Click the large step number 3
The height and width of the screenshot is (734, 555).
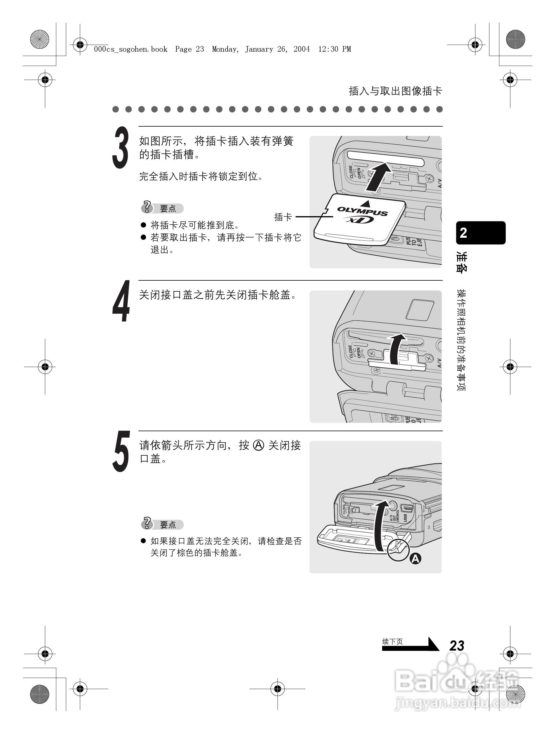click(120, 148)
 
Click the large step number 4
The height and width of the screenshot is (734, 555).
click(121, 301)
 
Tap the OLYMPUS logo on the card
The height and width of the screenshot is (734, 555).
click(362, 211)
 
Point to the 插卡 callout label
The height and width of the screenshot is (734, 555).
click(283, 217)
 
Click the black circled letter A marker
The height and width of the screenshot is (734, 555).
click(415, 559)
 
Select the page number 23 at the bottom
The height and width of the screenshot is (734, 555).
click(456, 646)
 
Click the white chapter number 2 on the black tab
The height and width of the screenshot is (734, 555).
click(463, 233)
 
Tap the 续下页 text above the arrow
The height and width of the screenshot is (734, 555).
click(392, 642)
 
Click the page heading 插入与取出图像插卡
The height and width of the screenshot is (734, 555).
click(395, 91)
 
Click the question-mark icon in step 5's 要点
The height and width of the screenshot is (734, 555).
click(147, 523)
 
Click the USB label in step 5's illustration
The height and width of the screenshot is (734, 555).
click(405, 518)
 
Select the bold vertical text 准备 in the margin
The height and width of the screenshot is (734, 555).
click(461, 262)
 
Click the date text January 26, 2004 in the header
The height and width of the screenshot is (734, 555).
click(277, 49)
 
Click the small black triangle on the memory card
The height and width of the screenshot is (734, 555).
click(365, 203)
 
